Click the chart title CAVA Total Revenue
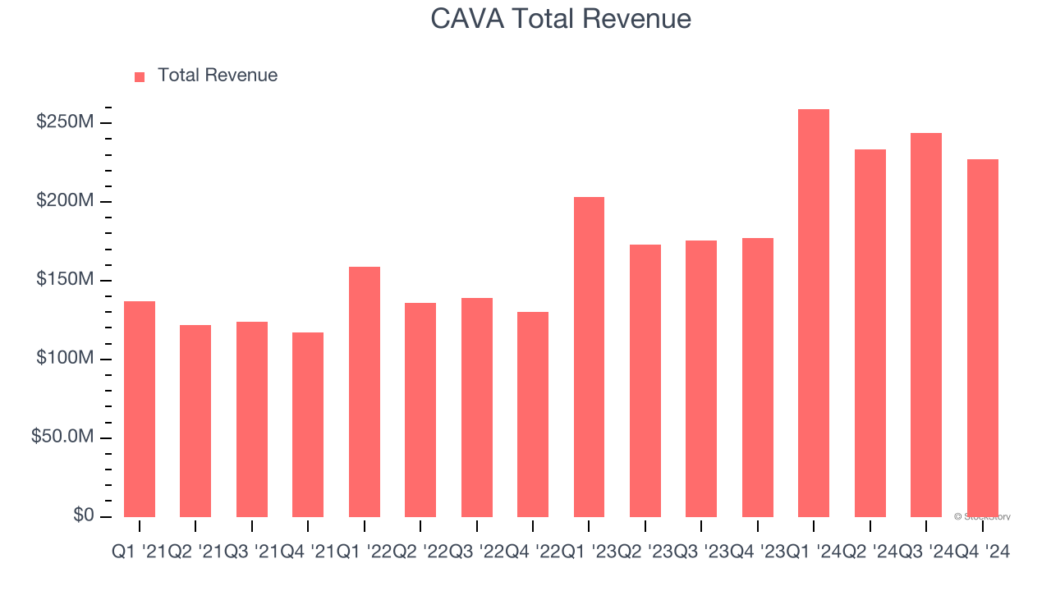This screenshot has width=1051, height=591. click(x=561, y=18)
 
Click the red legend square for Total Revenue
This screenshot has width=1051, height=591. click(x=140, y=76)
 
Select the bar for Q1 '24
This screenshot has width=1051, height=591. click(x=814, y=313)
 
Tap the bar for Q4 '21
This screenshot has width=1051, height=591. click(x=308, y=424)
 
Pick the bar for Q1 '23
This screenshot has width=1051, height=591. click(x=589, y=357)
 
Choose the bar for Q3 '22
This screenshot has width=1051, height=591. click(x=477, y=407)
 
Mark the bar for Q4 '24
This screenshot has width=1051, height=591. click(x=983, y=337)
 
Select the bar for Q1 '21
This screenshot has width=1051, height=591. click(x=140, y=409)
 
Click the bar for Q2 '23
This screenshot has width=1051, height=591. click(x=645, y=381)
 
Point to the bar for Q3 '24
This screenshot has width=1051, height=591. click(x=926, y=325)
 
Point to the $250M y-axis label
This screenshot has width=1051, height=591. click(x=64, y=122)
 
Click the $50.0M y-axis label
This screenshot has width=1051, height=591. click(x=62, y=437)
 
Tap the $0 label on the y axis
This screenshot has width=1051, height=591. click(x=83, y=515)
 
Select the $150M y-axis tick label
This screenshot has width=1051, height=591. click(x=64, y=280)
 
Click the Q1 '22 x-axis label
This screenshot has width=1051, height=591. click(x=365, y=553)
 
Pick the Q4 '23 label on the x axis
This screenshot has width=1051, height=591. click(x=758, y=553)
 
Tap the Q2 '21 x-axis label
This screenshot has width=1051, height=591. click(x=195, y=553)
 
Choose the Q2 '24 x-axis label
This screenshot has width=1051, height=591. click(x=870, y=553)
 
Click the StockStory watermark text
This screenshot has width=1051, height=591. click(x=982, y=517)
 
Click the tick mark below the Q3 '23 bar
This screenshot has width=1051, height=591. click(x=701, y=525)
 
